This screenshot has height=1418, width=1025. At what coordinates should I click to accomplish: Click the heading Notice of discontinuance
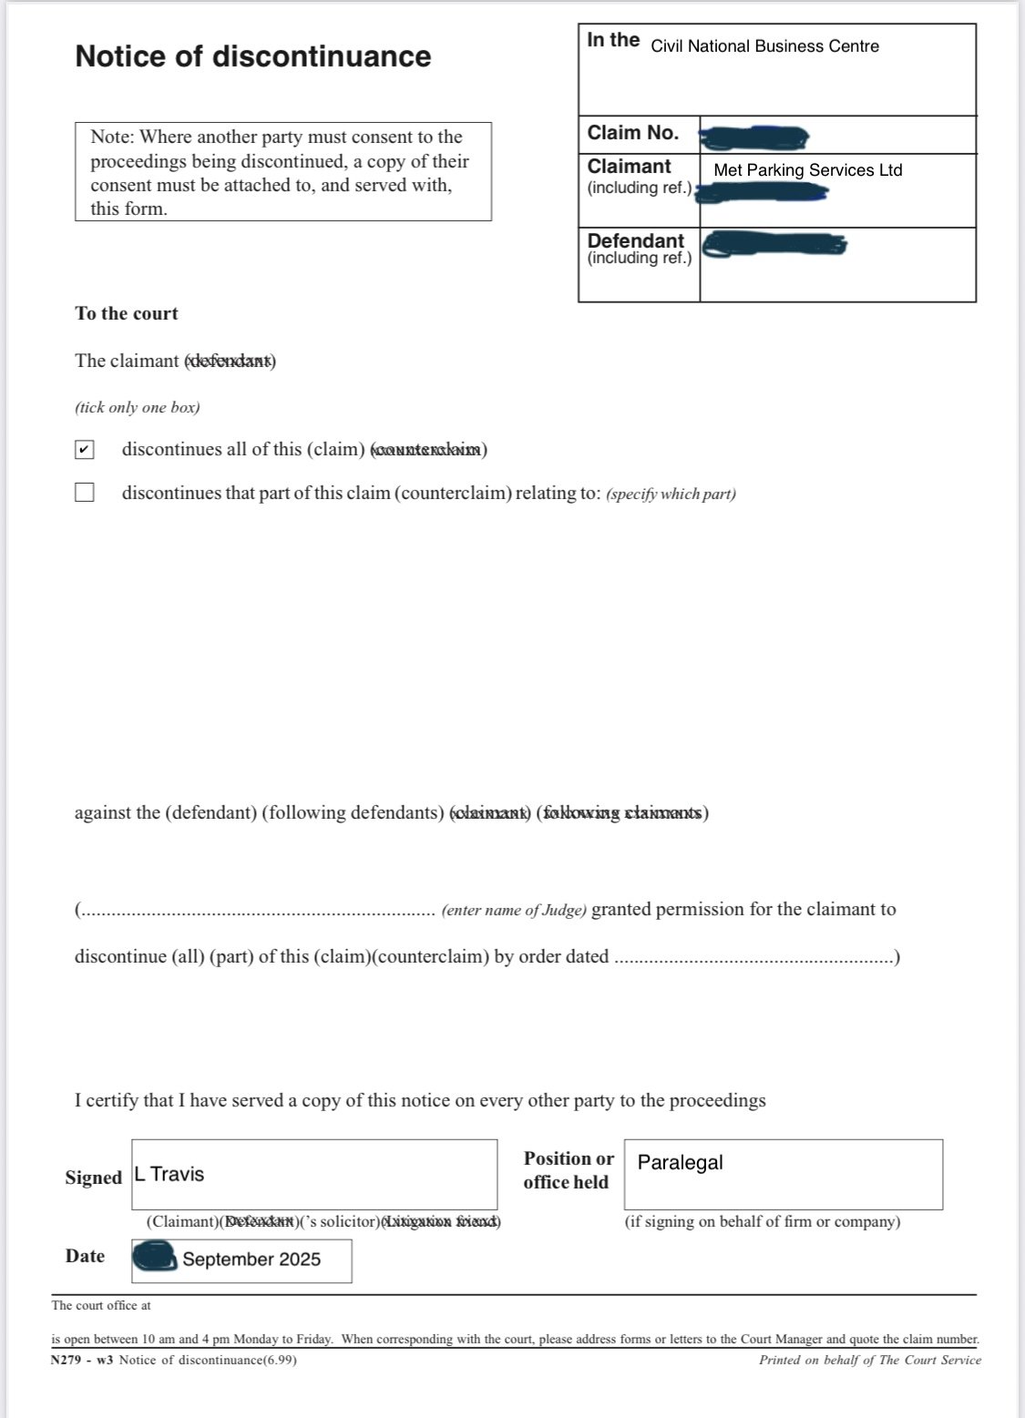coord(252,56)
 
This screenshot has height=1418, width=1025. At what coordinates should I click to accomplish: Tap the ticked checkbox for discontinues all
coord(85,450)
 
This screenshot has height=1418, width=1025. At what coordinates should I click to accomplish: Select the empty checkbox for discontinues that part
coord(85,493)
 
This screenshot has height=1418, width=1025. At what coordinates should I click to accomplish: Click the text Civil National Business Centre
coord(764,46)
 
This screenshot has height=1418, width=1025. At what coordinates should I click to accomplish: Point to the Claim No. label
coord(633,133)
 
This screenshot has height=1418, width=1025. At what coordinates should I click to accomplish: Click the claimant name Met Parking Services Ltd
coord(807,170)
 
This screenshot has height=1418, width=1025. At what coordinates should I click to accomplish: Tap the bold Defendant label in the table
coord(635,240)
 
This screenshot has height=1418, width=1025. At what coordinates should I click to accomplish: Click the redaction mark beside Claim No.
coord(753,138)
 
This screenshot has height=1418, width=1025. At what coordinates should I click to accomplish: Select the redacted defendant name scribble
coord(775,244)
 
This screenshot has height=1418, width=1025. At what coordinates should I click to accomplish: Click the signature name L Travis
coord(169,1174)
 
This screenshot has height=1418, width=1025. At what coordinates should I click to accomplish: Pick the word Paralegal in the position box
coord(680,1162)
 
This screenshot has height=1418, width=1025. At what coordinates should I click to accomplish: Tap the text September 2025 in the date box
coord(251,1260)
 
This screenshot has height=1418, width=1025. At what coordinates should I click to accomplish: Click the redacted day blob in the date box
coord(155,1258)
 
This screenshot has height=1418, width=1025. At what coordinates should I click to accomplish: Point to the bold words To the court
coord(127,313)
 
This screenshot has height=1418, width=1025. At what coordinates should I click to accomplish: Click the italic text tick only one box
coord(138,407)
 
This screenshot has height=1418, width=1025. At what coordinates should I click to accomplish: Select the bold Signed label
coord(93,1178)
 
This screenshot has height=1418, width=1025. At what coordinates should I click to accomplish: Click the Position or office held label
coord(568,1170)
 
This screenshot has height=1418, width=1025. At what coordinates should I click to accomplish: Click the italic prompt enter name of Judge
coord(514,910)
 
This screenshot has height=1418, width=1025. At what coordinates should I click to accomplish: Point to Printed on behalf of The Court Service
coord(869,1360)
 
